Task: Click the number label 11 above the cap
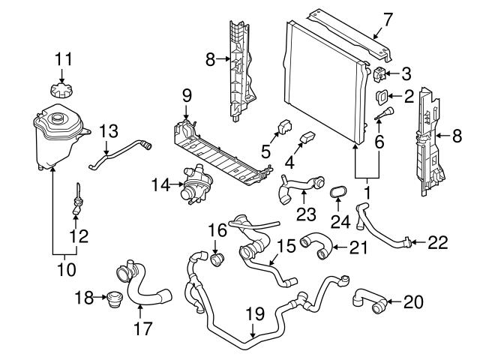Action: point(63,58)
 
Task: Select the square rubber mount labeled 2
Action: point(381,96)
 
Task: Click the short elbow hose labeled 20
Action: point(370,301)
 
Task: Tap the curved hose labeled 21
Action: point(313,247)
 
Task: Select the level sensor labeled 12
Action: point(77,206)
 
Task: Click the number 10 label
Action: point(68,267)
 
